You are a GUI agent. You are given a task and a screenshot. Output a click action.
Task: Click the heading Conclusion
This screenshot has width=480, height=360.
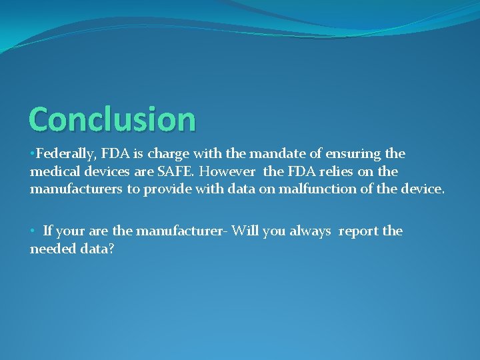112,119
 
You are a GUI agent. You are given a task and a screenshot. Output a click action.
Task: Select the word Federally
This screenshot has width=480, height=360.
64,154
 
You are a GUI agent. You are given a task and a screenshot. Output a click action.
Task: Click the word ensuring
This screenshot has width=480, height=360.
349,154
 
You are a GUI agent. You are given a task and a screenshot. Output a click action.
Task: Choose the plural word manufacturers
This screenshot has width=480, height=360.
76,189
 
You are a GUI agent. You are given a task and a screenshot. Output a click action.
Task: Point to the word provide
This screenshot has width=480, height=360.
167,189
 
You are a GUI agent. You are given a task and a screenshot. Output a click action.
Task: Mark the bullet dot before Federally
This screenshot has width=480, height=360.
33,154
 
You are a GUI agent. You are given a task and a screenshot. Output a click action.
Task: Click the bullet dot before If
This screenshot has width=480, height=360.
33,231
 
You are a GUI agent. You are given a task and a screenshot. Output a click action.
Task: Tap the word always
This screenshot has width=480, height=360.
309,231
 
